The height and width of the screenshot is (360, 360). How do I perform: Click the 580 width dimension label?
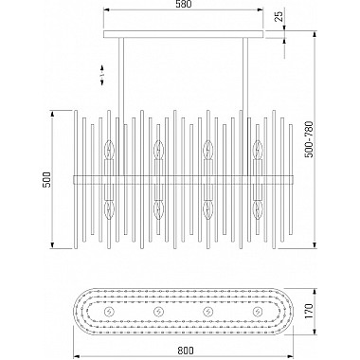point(183,5)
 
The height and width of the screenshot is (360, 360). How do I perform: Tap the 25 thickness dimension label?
point(279,15)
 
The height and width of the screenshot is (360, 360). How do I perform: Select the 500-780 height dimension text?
point(310,139)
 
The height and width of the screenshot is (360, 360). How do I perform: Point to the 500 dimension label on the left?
point(46,180)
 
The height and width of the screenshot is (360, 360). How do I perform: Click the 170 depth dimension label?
point(309,311)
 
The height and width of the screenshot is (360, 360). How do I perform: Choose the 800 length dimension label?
point(185,351)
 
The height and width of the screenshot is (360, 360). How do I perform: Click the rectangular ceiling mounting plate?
point(183,34)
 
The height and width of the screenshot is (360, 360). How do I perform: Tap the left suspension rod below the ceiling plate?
point(121,106)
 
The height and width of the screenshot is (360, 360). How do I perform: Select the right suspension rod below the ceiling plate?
point(245,106)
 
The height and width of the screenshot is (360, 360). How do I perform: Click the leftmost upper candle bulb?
point(110,150)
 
